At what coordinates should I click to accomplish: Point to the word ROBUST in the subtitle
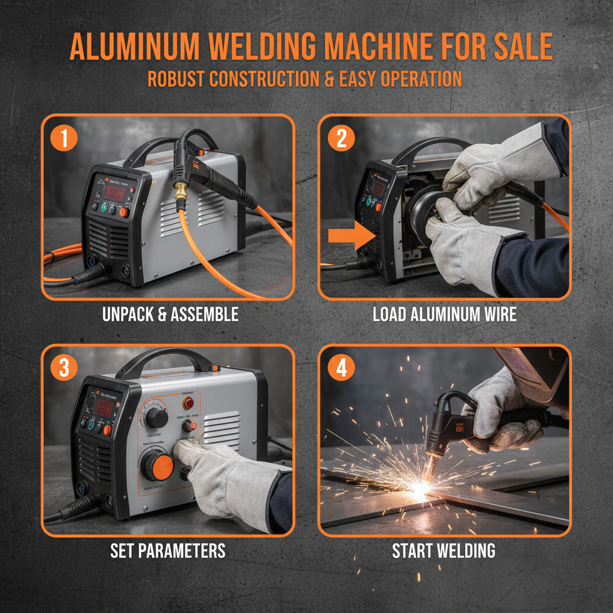pyautogui.click(x=180, y=80)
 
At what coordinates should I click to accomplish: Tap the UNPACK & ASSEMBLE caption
pyautogui.click(x=170, y=314)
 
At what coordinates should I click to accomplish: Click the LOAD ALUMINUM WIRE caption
pyautogui.click(x=444, y=314)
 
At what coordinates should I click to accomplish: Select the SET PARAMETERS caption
pyautogui.click(x=168, y=550)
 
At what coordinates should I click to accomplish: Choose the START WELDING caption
pyautogui.click(x=444, y=550)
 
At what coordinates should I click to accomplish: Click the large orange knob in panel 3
pyautogui.click(x=157, y=464)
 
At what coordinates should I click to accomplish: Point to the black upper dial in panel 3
pyautogui.click(x=157, y=417)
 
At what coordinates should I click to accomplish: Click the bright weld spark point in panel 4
pyautogui.click(x=421, y=489)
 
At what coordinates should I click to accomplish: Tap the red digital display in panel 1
pyautogui.click(x=114, y=192)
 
